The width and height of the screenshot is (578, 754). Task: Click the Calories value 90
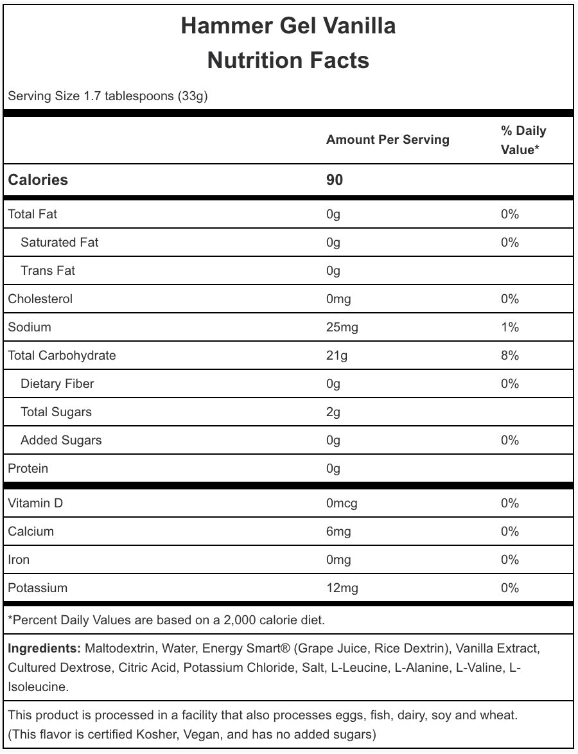[x=335, y=180]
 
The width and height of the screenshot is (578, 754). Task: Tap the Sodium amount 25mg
[x=342, y=327]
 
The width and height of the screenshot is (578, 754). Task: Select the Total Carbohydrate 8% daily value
[x=509, y=355]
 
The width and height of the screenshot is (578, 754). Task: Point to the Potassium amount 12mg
[x=342, y=588]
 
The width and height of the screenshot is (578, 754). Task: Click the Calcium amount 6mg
[x=338, y=531]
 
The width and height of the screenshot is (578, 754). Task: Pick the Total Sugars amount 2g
[x=333, y=412]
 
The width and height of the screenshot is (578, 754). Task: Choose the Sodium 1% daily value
[x=509, y=327]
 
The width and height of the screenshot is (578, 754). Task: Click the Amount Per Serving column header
[x=387, y=139]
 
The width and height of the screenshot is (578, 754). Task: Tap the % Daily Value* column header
[x=523, y=140]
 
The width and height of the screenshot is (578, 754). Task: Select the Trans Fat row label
[x=48, y=270]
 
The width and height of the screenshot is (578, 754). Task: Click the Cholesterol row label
[x=40, y=299]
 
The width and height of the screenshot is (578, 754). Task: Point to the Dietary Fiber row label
[x=57, y=383]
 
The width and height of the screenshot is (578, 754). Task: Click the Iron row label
[x=19, y=559]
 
